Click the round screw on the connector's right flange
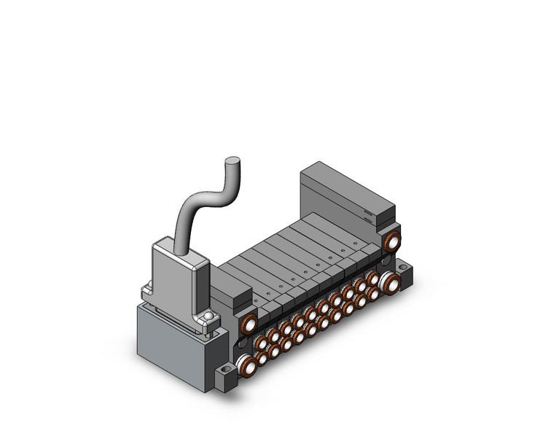click(209, 316)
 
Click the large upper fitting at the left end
click(249, 324)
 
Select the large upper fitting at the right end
click(393, 240)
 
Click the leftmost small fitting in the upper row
click(261, 342)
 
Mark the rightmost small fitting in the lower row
click(373, 294)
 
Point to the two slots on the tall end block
click(368, 216)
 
